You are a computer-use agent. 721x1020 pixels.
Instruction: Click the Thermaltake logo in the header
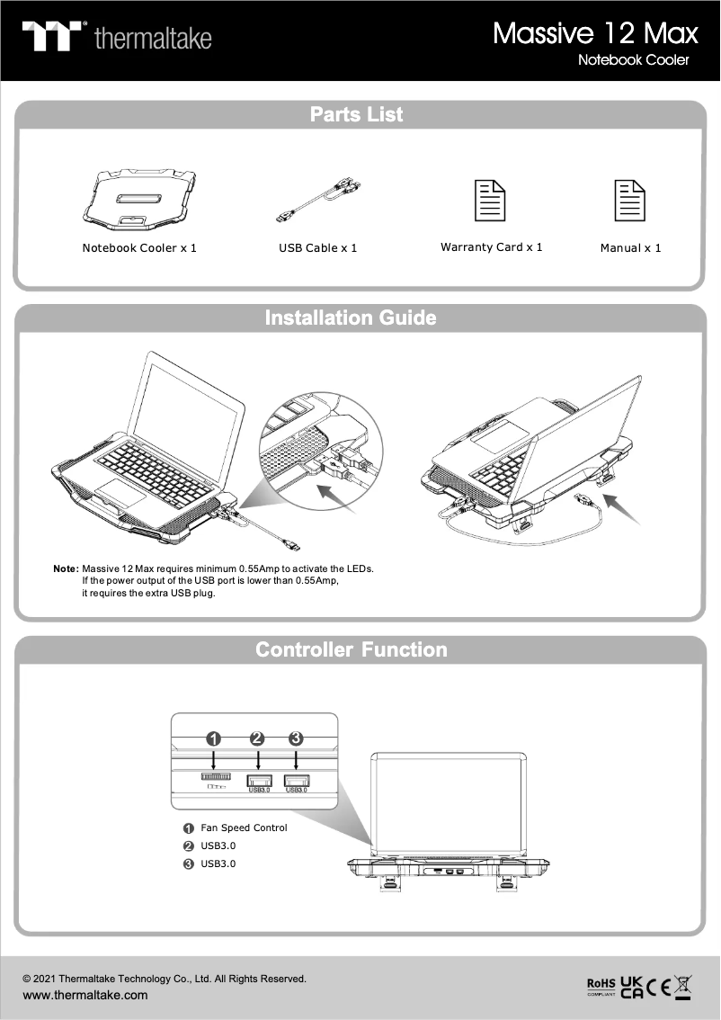point(117,37)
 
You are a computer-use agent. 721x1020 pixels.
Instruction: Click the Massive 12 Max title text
point(595,33)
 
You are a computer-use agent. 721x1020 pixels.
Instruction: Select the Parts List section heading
point(356,114)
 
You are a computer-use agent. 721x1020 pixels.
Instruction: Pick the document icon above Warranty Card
point(490,201)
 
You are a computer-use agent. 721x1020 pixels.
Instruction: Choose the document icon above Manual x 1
point(629,201)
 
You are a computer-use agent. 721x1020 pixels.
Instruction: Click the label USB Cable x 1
point(317,247)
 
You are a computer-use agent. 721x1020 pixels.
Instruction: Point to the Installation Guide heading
point(351,318)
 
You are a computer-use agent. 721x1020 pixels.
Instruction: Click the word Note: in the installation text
point(66,569)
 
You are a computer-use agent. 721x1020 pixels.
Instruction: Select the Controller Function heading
point(351,649)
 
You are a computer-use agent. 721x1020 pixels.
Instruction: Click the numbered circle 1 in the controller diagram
point(214,738)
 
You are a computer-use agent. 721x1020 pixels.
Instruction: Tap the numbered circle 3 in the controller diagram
point(296,738)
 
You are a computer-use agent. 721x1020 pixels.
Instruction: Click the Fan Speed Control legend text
point(244,828)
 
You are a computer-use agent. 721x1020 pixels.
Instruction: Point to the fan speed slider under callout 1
point(216,775)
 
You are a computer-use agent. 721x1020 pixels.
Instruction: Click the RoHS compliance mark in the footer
point(601,987)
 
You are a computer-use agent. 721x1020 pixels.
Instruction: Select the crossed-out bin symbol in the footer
point(682,987)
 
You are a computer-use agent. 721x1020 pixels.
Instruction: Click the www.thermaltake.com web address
point(85,995)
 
